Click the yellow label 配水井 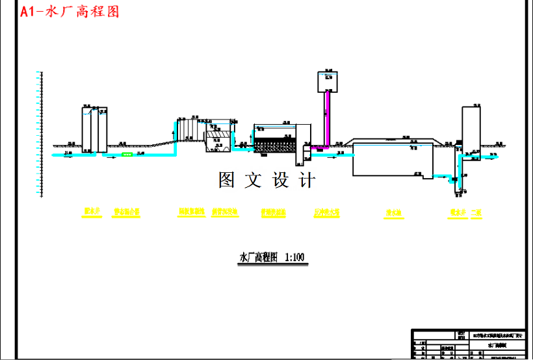click(92, 211)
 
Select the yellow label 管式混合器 click(127, 212)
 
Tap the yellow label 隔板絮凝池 click(191, 212)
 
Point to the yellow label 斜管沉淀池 click(225, 212)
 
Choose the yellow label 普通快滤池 click(273, 212)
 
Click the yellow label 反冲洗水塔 click(326, 212)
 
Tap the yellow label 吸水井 click(457, 212)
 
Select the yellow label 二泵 click(477, 212)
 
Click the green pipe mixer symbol click(127, 155)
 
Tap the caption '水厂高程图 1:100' click(272, 258)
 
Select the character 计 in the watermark click(307, 180)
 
